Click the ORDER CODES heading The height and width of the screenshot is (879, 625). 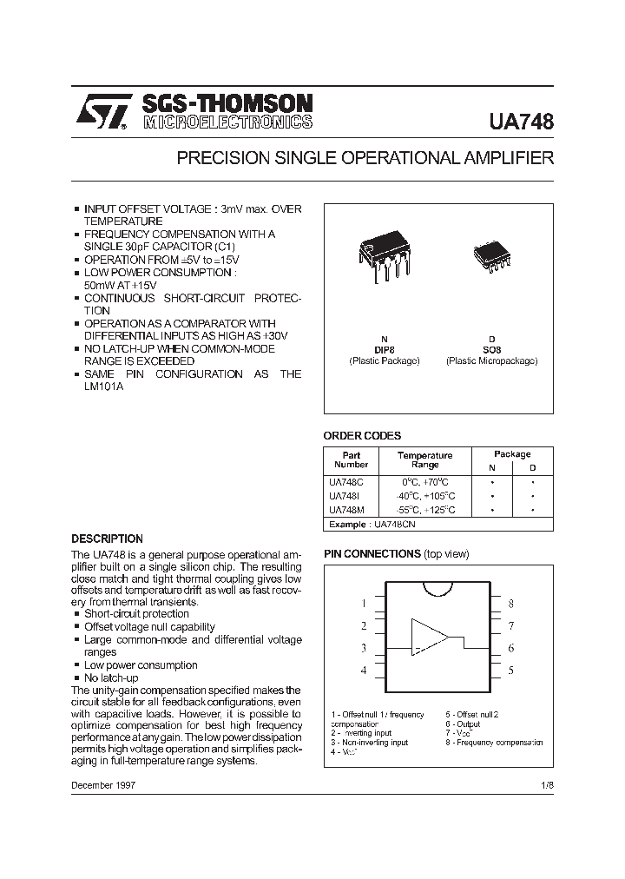pyautogui.click(x=362, y=436)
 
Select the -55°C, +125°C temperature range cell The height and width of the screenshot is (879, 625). pyautogui.click(x=425, y=511)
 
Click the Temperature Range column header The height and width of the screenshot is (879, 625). pyautogui.click(x=425, y=459)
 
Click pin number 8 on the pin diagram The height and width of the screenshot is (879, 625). pyautogui.click(x=511, y=603)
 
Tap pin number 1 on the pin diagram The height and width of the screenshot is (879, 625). pyautogui.click(x=364, y=603)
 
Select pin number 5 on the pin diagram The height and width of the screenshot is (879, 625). pyautogui.click(x=511, y=671)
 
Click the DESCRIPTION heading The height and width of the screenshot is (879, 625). pyautogui.click(x=107, y=539)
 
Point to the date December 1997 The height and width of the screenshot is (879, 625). pyautogui.click(x=103, y=784)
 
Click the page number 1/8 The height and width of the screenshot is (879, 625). pyautogui.click(x=546, y=784)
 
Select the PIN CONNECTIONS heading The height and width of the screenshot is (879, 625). pyautogui.click(x=372, y=553)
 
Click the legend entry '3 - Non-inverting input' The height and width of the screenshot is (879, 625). pyautogui.click(x=369, y=743)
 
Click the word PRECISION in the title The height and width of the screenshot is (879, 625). pyautogui.click(x=218, y=158)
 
